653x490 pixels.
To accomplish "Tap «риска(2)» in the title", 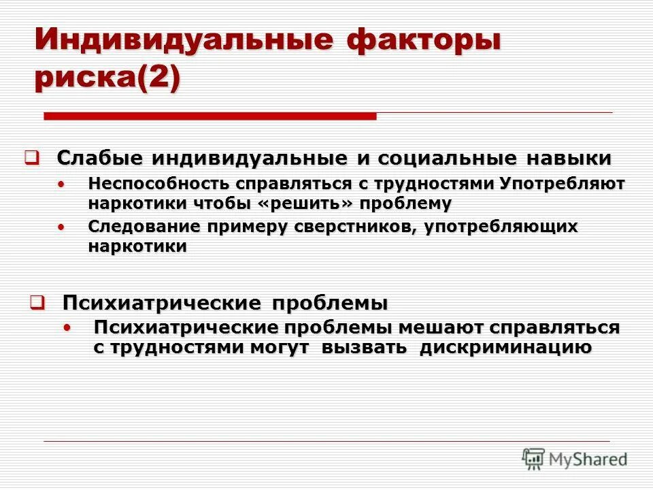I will tap(107, 80).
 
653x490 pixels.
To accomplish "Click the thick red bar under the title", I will tap(210, 117).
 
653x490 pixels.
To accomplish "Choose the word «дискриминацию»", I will tap(505, 348).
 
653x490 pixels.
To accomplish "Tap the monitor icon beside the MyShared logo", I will tap(534, 458).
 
